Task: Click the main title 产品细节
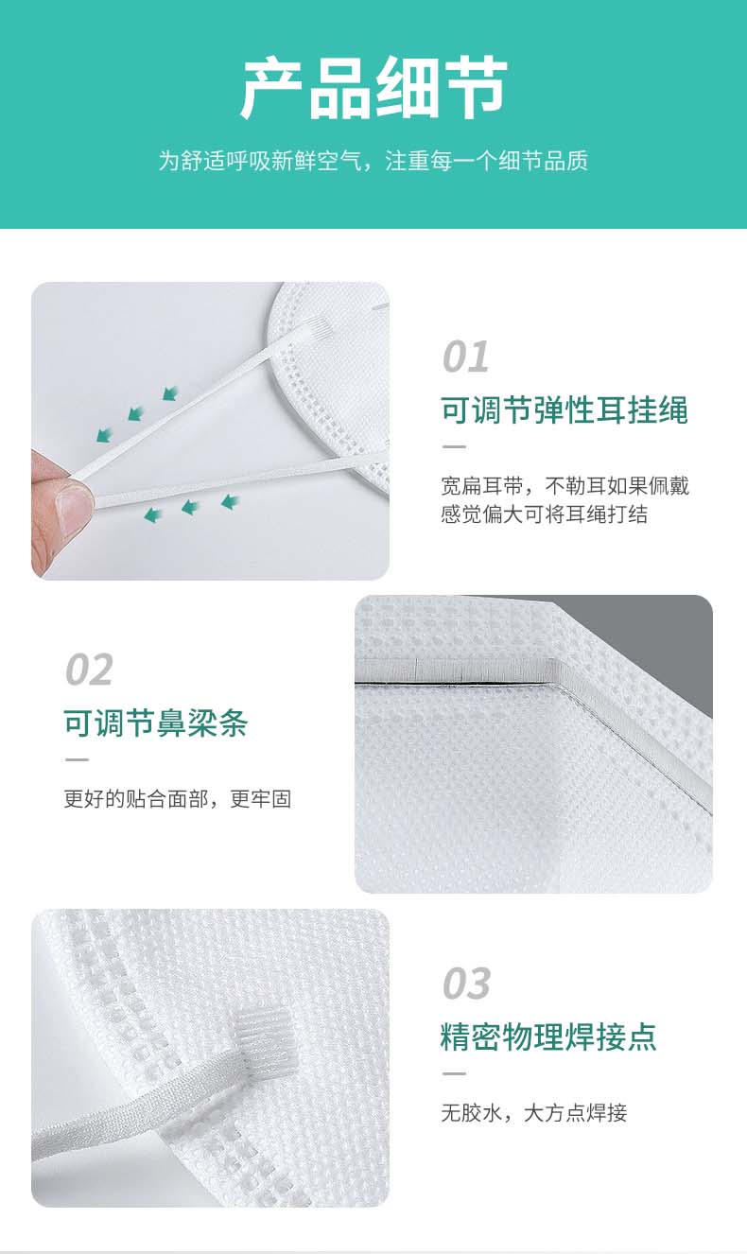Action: [373, 88]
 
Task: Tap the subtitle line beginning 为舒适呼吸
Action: [373, 161]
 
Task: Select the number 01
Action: [465, 357]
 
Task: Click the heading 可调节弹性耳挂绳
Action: [564, 410]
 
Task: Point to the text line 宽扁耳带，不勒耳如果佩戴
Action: [565, 486]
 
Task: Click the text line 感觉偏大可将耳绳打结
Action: [544, 514]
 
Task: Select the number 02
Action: [90, 669]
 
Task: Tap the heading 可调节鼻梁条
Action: [156, 723]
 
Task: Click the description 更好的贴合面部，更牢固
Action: [178, 799]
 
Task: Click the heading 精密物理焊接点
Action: [548, 1036]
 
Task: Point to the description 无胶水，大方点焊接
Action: [534, 1113]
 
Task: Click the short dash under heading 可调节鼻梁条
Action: [77, 759]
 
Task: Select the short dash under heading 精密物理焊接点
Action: [454, 1073]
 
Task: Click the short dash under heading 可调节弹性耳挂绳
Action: [454, 446]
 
